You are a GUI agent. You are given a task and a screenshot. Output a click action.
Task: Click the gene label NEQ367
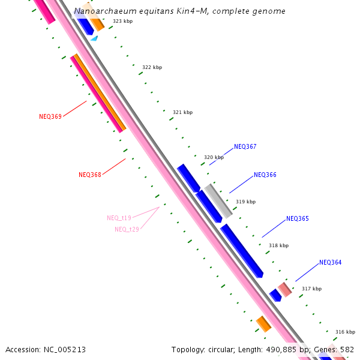[x=245, y=146]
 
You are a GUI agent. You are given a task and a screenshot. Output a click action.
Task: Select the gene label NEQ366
[x=265, y=175]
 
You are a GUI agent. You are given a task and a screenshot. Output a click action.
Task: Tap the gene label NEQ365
[x=297, y=218]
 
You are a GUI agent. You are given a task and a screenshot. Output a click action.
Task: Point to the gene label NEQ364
[x=330, y=262]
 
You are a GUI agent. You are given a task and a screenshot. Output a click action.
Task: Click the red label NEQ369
[x=50, y=116]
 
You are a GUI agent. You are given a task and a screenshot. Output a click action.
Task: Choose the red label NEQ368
[x=90, y=175]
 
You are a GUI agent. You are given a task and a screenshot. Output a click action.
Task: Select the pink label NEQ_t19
[x=119, y=218]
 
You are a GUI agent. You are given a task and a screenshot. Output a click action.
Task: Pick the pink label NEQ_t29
[x=127, y=229]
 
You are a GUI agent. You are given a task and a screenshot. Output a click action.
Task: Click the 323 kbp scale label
[x=122, y=21]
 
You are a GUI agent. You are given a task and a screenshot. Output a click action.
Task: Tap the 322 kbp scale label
[x=152, y=67]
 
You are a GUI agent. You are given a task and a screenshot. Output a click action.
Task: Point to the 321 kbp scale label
[x=182, y=112]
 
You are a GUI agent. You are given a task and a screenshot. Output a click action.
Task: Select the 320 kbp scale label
[x=214, y=157]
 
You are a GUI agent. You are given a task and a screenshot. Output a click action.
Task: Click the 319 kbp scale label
[x=245, y=202]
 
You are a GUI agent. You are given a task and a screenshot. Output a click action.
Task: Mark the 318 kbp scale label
[x=278, y=245]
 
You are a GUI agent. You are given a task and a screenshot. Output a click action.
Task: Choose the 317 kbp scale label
[x=311, y=289]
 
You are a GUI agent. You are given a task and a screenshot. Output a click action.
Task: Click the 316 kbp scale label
[x=345, y=332]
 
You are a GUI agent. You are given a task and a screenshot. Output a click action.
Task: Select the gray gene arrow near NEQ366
[x=218, y=200]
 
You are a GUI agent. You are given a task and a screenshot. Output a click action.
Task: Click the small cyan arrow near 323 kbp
[x=94, y=38]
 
